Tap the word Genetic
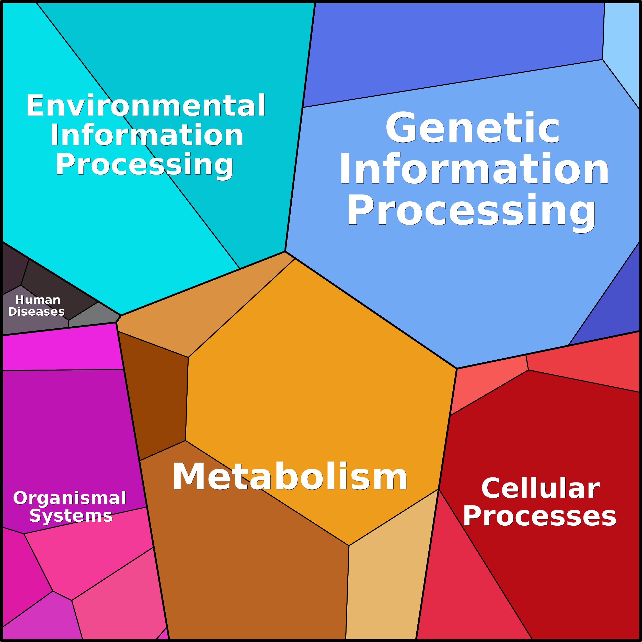click(x=473, y=128)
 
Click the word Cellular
click(x=540, y=488)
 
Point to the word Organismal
click(x=70, y=498)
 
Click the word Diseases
click(x=36, y=312)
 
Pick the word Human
click(x=38, y=300)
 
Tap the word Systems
click(x=71, y=516)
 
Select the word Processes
click(x=540, y=517)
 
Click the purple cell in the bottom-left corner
click(x=42, y=618)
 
